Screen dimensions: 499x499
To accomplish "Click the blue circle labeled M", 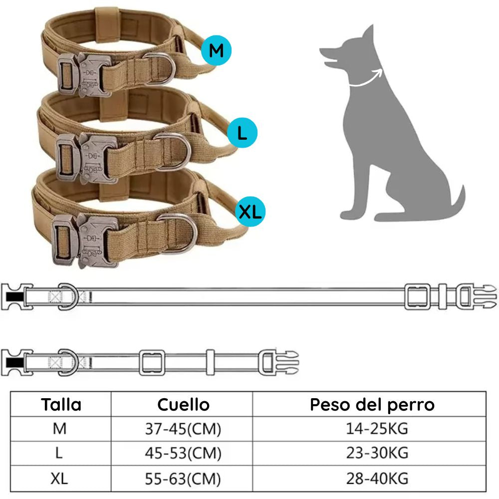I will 216,50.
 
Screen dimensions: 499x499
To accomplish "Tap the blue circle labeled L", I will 242,133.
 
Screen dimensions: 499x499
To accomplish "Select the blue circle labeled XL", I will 250,212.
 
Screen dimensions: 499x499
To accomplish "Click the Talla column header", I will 61,404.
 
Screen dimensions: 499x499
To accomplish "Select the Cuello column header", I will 183,404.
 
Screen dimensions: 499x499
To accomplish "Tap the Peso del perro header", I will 372,404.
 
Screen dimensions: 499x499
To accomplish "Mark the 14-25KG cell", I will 377,428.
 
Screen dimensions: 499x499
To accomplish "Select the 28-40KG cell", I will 377,479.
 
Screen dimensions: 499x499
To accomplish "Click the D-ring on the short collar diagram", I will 67,362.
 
